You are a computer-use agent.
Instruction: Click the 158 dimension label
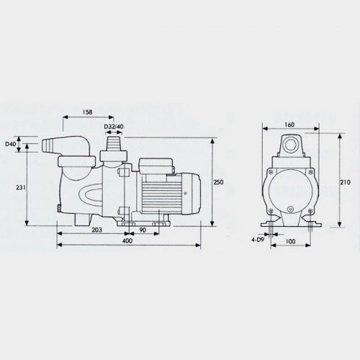click(x=87, y=112)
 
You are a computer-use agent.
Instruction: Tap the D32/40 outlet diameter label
click(x=114, y=127)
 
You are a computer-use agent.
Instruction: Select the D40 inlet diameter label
click(x=11, y=144)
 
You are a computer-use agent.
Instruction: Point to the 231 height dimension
click(x=21, y=187)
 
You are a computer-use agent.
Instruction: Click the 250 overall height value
click(x=218, y=182)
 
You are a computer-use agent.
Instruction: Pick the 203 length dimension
click(x=97, y=230)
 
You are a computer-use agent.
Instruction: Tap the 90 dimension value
click(x=143, y=230)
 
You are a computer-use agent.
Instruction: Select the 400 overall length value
click(x=127, y=240)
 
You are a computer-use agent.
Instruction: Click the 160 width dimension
click(x=289, y=125)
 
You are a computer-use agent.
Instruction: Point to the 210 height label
click(x=345, y=182)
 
